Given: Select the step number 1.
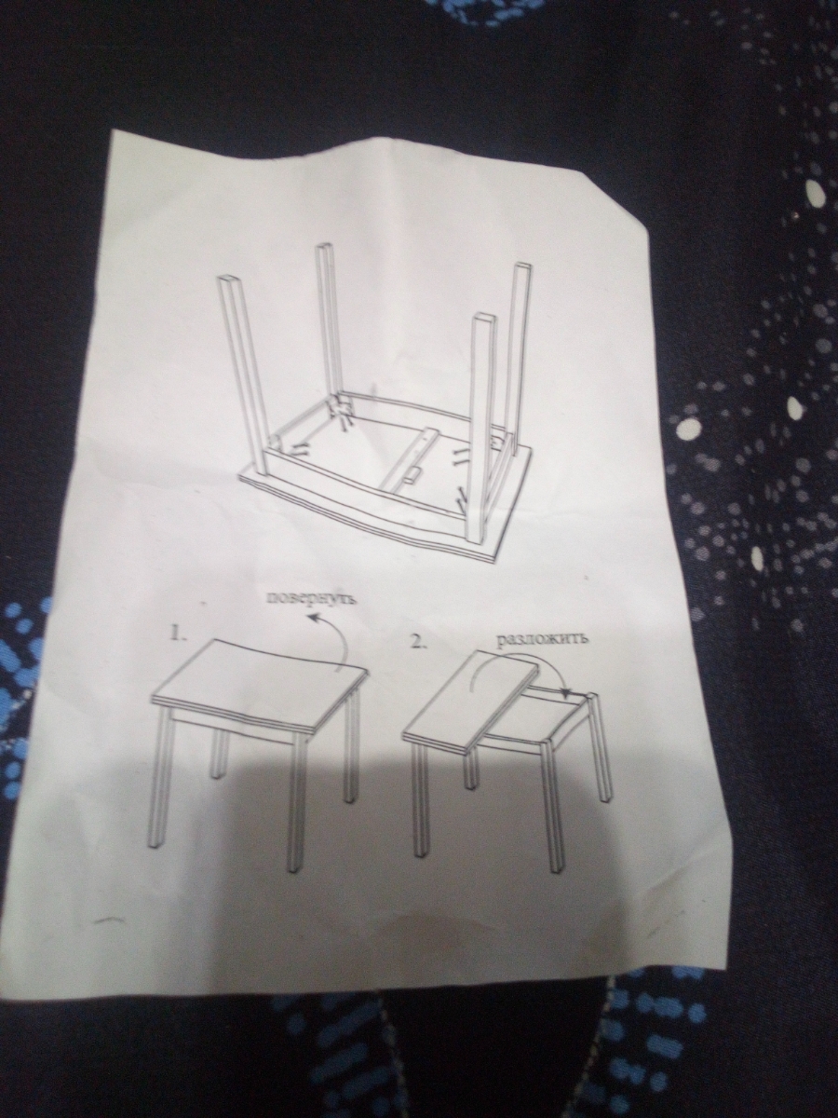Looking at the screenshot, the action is (176, 634).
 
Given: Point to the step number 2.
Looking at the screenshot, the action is (418, 643).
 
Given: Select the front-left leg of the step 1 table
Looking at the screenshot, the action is (158, 781).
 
